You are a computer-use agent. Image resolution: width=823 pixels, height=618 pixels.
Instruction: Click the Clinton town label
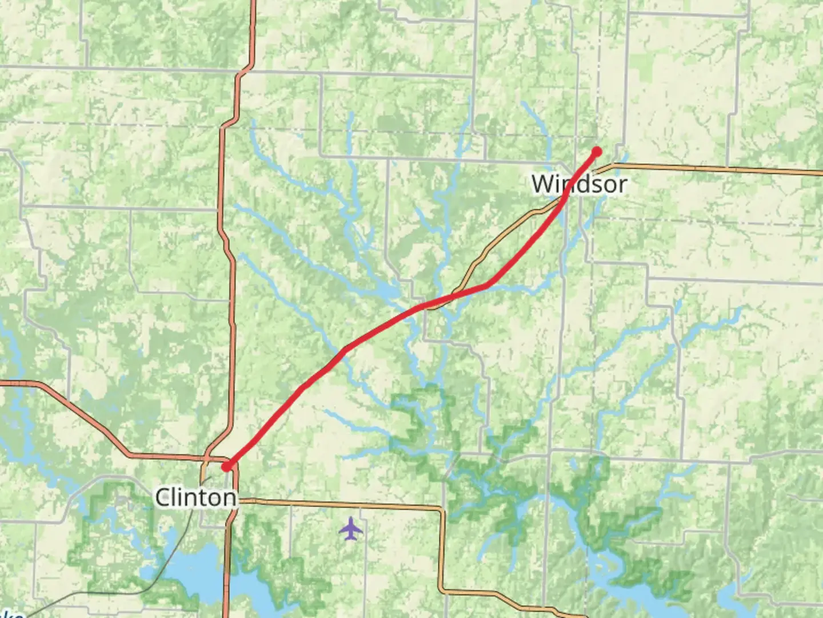tap(195, 497)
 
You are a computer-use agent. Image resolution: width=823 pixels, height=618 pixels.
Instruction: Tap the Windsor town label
tap(579, 184)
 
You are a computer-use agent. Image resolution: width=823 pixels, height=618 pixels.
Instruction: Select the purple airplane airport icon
tap(351, 528)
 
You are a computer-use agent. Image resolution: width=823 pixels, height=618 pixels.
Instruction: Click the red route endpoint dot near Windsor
tap(597, 152)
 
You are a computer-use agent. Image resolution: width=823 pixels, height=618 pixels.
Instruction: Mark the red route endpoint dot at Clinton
tap(226, 466)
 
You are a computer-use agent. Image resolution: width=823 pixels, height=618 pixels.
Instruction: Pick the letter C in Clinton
tap(163, 497)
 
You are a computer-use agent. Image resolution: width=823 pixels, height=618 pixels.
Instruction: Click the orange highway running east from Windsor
tap(714, 168)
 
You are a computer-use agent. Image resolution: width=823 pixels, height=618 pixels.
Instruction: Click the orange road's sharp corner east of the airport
tap(442, 509)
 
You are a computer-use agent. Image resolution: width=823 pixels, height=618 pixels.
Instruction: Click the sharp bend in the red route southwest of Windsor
tap(488, 284)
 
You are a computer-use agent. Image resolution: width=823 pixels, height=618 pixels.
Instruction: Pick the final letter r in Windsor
tap(621, 184)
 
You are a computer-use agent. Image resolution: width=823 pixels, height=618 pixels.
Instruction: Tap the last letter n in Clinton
tap(230, 497)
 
